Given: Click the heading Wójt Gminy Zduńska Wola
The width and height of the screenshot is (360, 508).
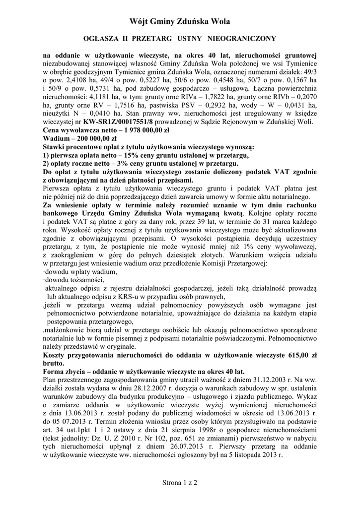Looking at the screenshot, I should point(179,21).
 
